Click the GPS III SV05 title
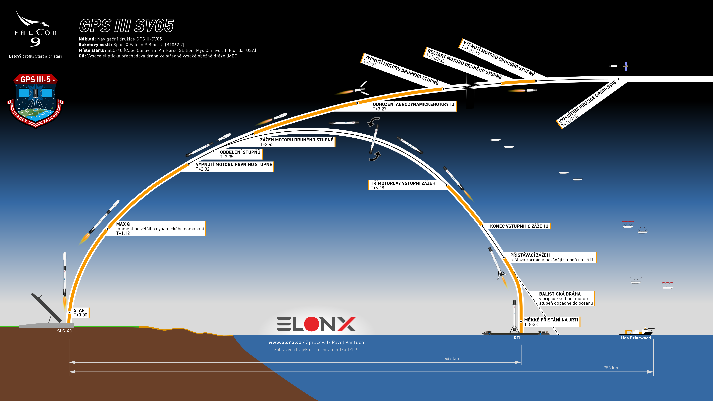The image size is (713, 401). click(x=126, y=26)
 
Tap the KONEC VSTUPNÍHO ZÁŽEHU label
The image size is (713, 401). click(x=519, y=226)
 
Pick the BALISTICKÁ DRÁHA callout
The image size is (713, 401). click(x=566, y=298)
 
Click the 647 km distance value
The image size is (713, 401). click(x=452, y=359)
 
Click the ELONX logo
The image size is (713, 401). click(x=316, y=324)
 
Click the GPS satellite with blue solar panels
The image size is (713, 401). click(x=626, y=66)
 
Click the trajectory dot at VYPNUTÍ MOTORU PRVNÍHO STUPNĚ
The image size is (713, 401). click(x=189, y=164)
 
